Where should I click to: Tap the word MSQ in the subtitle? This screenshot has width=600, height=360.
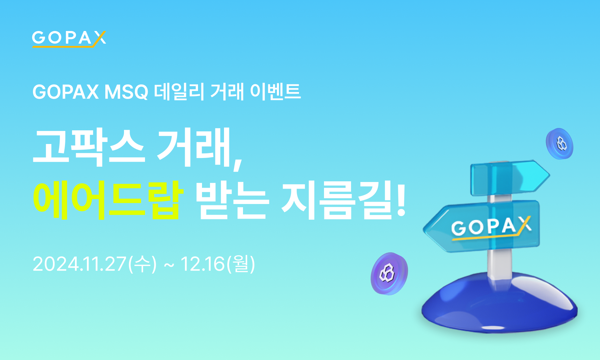pos(126,92)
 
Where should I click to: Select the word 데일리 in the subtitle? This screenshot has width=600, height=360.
pos(179,92)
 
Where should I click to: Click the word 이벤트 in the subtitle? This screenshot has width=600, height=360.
pos(275,92)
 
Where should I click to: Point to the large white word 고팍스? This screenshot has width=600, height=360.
pos(89,147)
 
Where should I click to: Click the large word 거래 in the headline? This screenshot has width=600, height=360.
pos(194,147)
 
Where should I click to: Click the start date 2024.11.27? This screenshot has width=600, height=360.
pos(79,264)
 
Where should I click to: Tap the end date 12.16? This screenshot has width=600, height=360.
pos(203,264)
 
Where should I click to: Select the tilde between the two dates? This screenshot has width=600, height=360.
pos(169,266)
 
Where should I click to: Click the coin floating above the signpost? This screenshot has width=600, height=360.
pos(560,144)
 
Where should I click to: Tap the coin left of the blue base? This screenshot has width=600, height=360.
pos(389,273)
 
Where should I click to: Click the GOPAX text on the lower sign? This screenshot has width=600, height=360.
pos(490,227)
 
